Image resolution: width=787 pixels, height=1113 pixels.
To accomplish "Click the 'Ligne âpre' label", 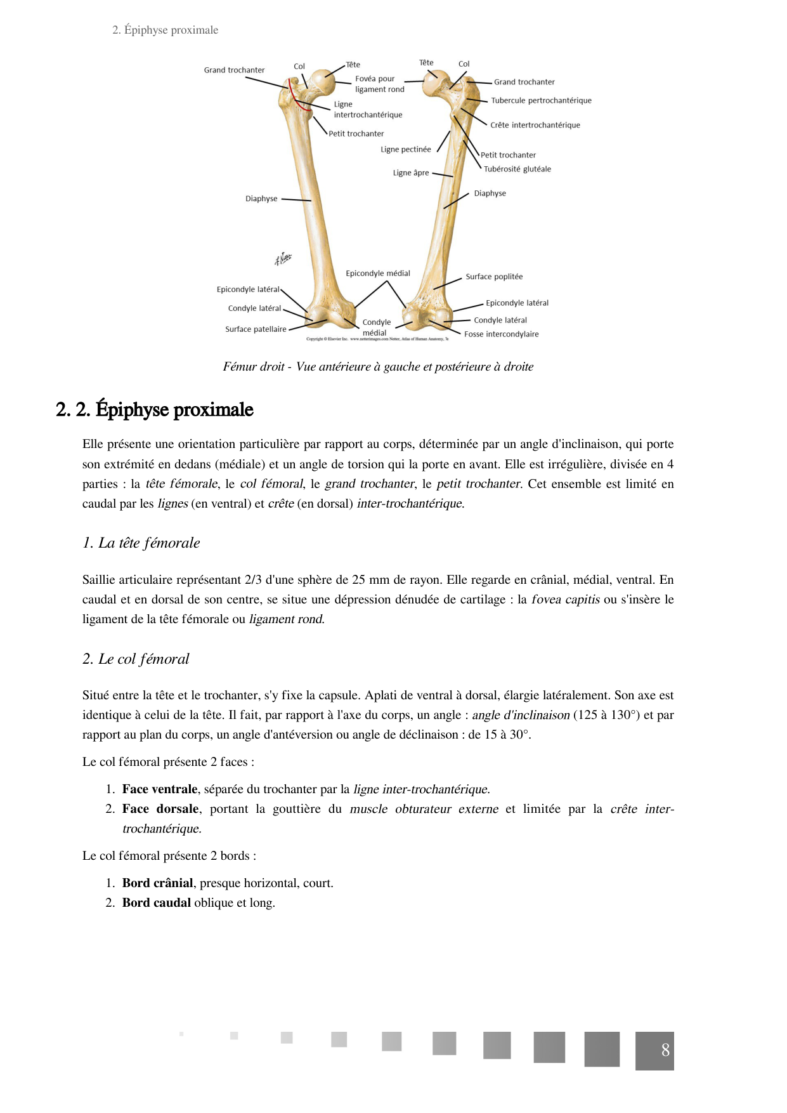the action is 411,173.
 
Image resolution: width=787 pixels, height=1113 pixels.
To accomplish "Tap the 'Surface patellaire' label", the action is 256,329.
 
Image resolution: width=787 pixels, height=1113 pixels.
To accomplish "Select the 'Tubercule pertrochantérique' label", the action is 541,100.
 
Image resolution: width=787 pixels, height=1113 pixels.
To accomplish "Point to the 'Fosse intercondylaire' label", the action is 501,334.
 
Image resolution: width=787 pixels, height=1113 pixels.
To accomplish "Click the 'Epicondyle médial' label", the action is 378,273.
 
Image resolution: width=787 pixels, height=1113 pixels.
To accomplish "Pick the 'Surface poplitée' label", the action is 494,277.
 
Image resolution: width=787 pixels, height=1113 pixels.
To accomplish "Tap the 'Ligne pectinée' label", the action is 406,150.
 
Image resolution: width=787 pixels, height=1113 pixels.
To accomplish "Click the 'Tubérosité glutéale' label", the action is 517,169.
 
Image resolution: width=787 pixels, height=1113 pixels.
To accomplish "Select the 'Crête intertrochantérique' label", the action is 535,125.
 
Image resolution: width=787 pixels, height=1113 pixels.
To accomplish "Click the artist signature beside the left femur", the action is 283,258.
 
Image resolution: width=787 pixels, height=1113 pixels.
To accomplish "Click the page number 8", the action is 665,1050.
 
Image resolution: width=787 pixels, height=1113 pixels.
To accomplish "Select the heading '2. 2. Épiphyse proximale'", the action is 155,410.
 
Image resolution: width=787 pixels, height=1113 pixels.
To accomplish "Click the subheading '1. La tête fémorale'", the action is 141,543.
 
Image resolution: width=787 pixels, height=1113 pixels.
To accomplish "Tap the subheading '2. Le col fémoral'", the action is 136,659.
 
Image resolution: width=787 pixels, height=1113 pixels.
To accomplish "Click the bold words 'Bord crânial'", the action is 157,883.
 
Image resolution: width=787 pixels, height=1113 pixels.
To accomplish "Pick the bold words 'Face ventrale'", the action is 160,789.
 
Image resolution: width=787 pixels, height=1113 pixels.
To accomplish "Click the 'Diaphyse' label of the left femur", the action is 261,199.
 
